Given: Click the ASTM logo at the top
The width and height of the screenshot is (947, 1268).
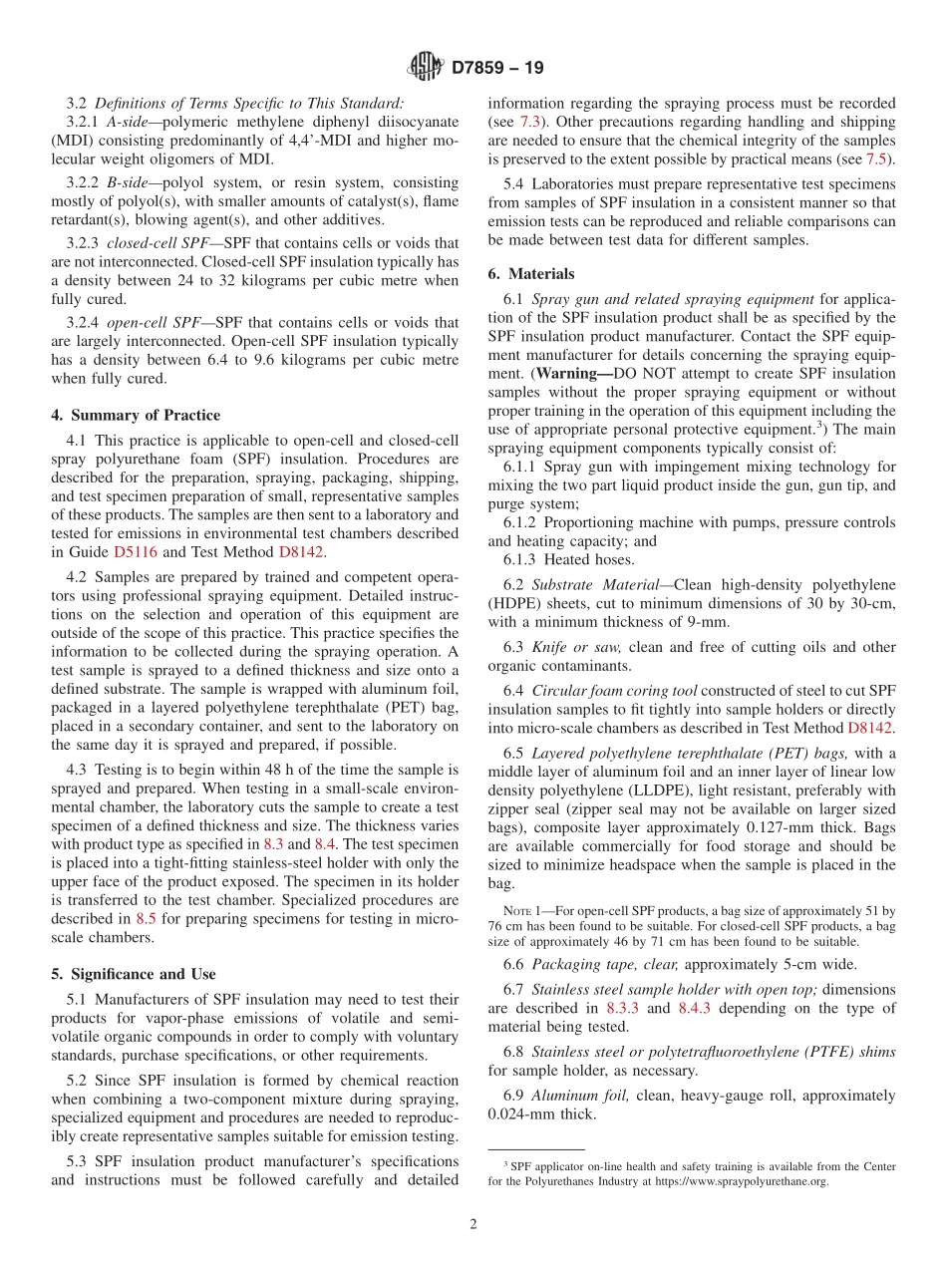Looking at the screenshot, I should (x=427, y=68).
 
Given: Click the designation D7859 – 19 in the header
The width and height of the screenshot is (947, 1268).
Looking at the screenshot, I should (x=497, y=69).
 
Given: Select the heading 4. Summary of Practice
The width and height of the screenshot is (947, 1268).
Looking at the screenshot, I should (x=146, y=415).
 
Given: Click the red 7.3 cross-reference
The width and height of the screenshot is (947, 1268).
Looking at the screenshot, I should (x=529, y=122).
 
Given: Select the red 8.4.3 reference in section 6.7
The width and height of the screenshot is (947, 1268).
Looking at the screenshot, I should (x=693, y=1008).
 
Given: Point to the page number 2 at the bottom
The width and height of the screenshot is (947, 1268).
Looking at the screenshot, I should (x=473, y=1224).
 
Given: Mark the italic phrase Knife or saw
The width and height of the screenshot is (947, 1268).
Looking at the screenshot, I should (x=573, y=647).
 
